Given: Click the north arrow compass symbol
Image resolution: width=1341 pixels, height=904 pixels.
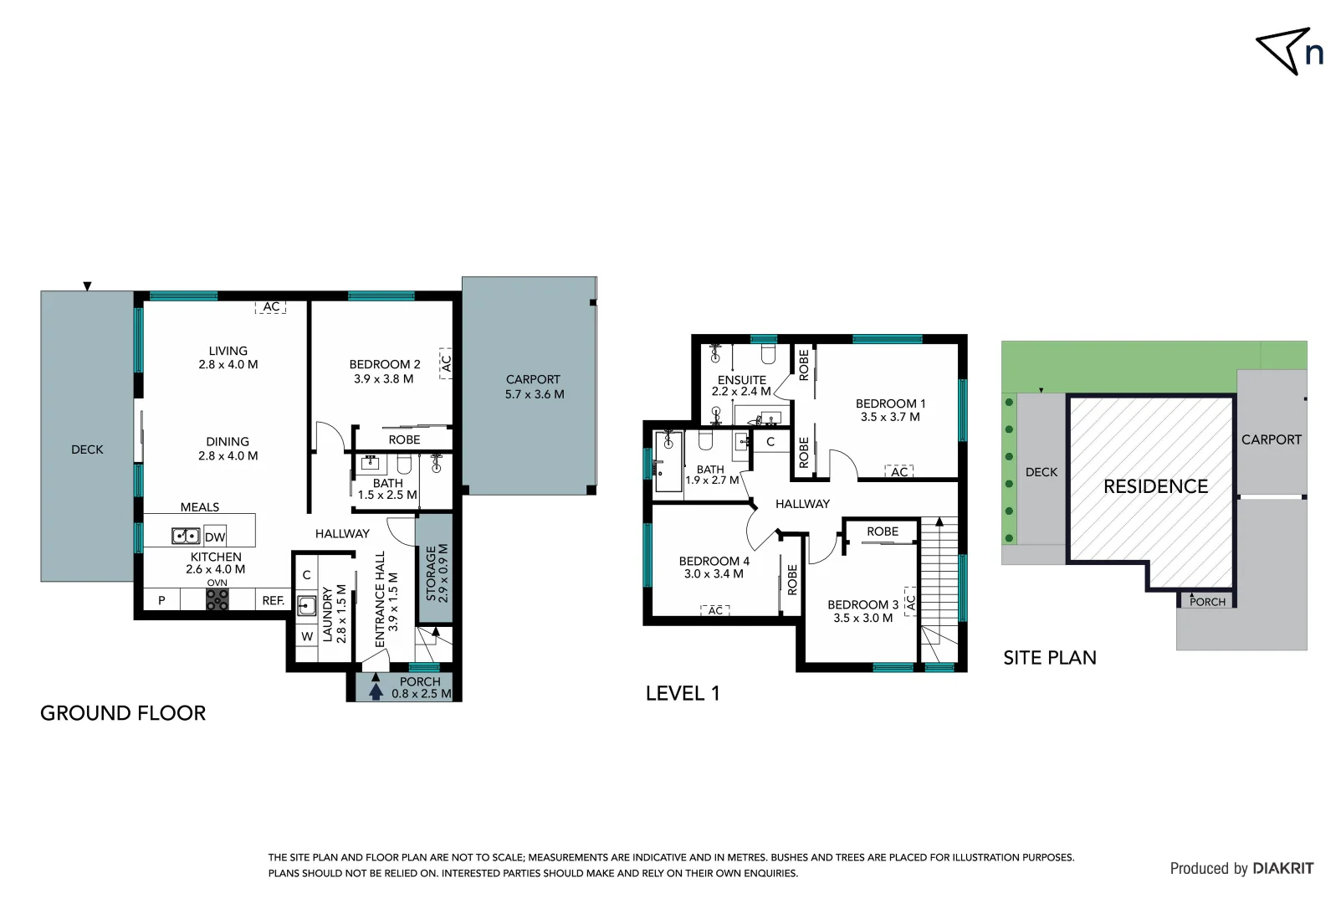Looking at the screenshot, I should click(1288, 52).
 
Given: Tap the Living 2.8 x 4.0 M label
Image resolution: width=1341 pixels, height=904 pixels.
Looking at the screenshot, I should click(228, 357).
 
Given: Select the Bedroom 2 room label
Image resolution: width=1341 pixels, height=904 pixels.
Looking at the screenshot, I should click(384, 371).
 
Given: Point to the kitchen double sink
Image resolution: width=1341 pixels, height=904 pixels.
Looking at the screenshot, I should click(186, 536).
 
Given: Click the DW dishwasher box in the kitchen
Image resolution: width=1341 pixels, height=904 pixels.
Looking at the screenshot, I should click(215, 537).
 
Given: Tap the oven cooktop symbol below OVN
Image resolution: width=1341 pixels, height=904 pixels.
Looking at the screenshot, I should click(217, 598).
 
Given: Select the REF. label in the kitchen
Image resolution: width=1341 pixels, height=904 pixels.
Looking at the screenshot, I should click(273, 600).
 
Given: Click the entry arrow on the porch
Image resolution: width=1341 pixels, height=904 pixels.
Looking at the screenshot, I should click(376, 686).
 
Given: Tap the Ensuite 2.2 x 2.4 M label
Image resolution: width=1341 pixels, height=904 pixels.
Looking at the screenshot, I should click(741, 385).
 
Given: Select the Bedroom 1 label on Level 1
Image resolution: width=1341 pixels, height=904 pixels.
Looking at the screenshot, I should click(890, 409).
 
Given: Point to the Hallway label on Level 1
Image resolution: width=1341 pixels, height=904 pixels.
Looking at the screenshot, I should click(802, 504).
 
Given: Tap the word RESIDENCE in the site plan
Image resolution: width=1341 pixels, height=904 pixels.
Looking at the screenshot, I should click(1155, 486).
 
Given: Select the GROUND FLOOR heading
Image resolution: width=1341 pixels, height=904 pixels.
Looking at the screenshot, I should click(123, 713).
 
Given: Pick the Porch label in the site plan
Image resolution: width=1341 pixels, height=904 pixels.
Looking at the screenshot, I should click(1206, 601).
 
